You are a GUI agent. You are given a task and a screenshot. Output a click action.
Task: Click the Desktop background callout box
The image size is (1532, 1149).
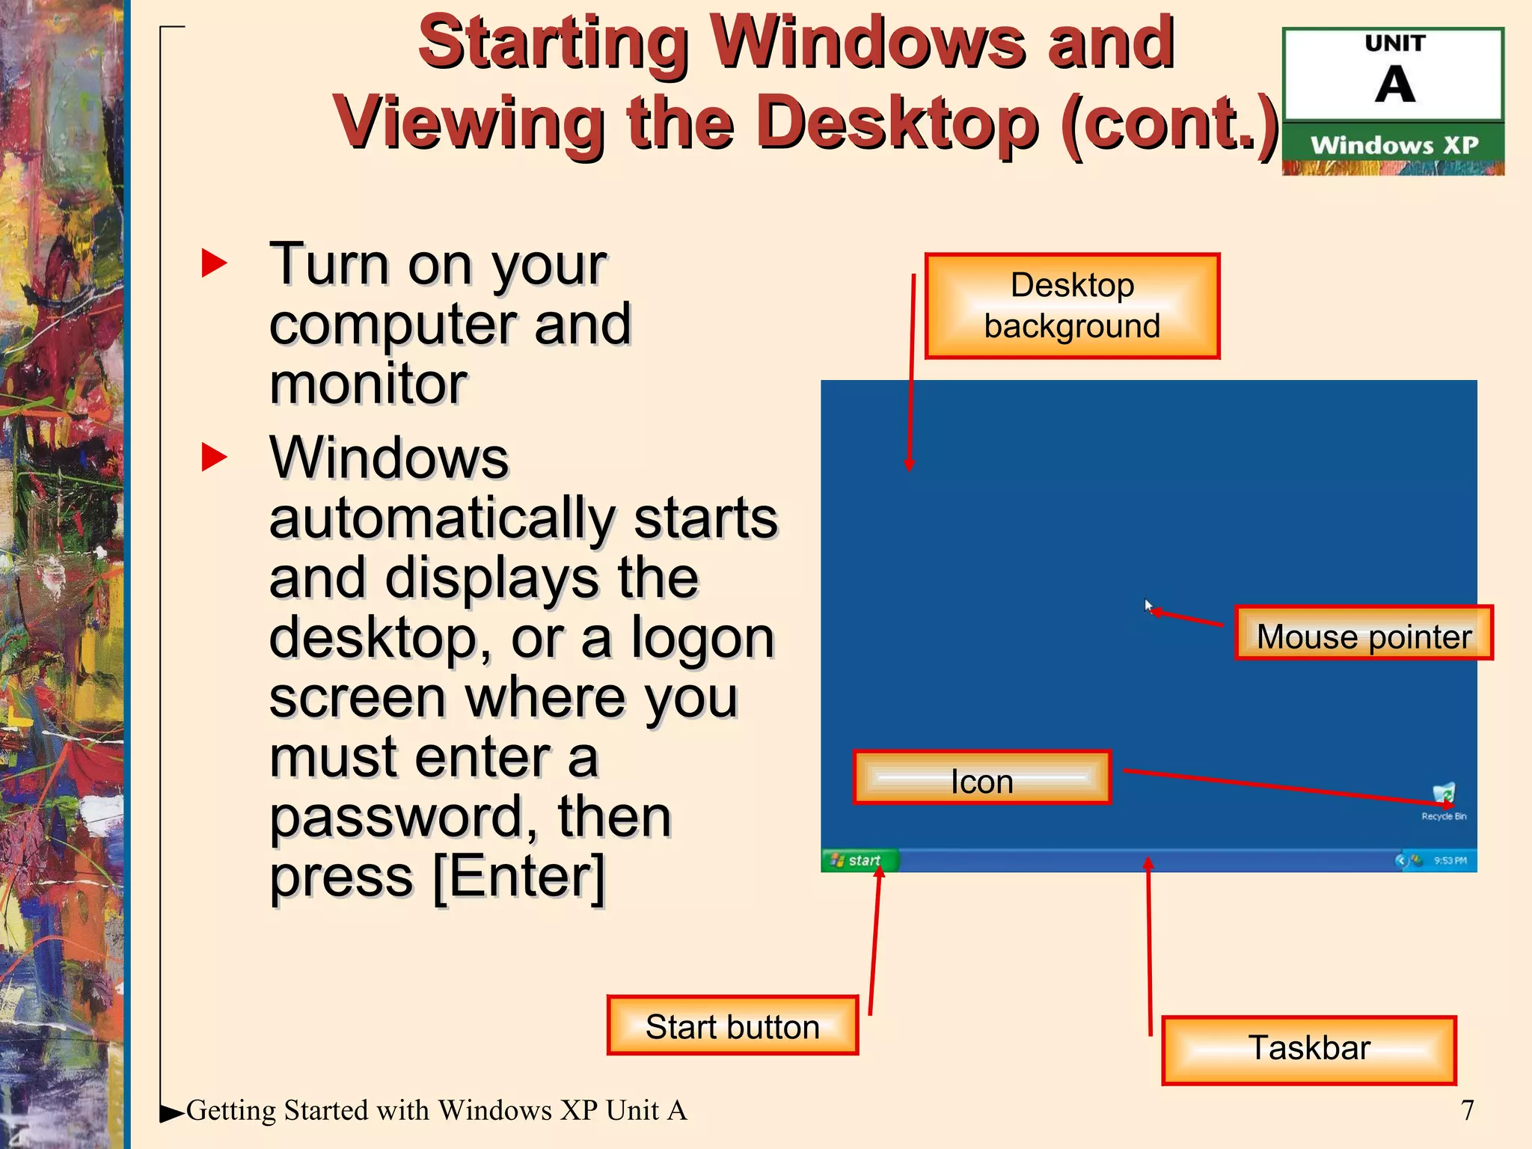click(1072, 306)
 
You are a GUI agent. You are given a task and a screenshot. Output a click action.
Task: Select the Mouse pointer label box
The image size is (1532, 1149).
click(1364, 634)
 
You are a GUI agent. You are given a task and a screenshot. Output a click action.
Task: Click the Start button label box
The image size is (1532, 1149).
click(732, 1026)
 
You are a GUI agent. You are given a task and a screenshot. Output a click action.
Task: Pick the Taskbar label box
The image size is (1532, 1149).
click(1308, 1050)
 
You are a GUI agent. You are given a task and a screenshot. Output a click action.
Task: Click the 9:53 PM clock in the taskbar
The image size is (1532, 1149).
click(1450, 861)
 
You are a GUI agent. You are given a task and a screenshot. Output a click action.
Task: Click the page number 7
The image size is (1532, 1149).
click(1467, 1110)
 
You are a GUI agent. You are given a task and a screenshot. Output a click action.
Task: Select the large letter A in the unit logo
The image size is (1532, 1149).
click(1394, 85)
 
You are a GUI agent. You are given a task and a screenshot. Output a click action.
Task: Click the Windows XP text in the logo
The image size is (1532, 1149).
click(1394, 144)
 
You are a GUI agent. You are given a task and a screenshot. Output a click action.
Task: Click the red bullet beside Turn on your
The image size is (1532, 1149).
click(214, 263)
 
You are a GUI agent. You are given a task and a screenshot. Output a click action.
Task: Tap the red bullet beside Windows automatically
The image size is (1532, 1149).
click(214, 457)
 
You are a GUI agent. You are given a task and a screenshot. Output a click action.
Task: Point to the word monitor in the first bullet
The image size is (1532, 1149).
click(368, 384)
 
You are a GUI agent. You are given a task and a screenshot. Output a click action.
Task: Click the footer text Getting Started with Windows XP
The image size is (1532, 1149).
click(435, 1110)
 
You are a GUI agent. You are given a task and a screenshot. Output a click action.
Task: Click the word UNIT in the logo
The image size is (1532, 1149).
click(1394, 43)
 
